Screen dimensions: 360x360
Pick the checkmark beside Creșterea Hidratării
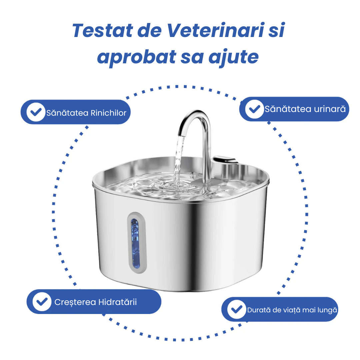42,302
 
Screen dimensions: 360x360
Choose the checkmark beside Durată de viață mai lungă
237,309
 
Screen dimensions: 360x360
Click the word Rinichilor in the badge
109,113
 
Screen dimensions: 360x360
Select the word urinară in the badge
329,109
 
